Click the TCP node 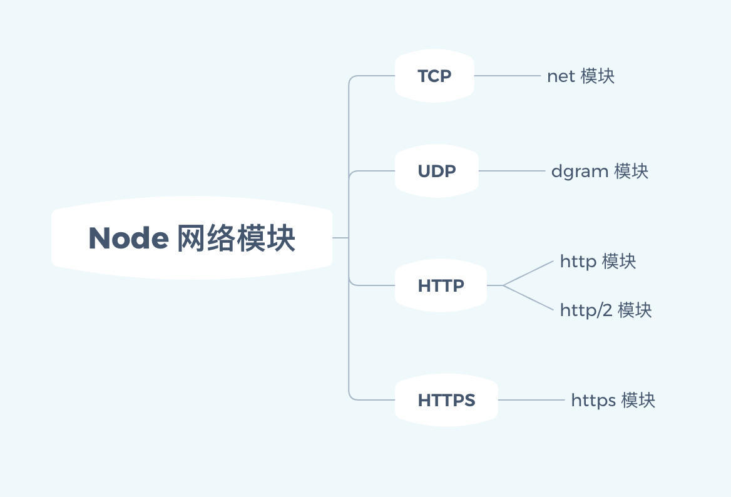[434, 76]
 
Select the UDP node [436, 171]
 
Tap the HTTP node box [441, 285]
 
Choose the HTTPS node [446, 400]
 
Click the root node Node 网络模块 [192, 238]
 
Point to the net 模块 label [581, 76]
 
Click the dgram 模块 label [600, 171]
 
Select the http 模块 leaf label [598, 261]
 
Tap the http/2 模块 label [606, 310]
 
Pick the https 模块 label [613, 400]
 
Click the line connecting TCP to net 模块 [507, 76]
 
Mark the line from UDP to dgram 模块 [511, 171]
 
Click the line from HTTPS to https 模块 [531, 400]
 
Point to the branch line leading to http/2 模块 [529, 297]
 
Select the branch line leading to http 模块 [529, 274]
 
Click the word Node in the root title [128, 238]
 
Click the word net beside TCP [561, 76]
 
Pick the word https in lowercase [593, 401]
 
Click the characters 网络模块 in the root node [236, 238]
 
